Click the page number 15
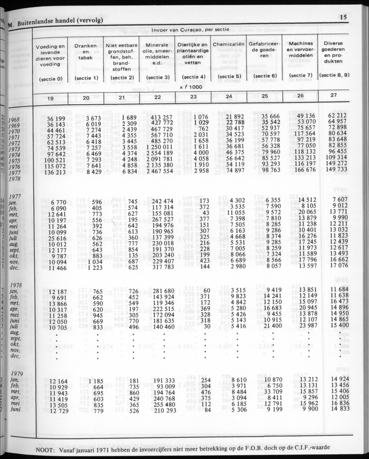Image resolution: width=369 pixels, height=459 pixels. point(343,18)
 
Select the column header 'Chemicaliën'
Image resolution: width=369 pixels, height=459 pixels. point(229,44)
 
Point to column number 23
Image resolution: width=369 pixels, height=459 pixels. point(193,97)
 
